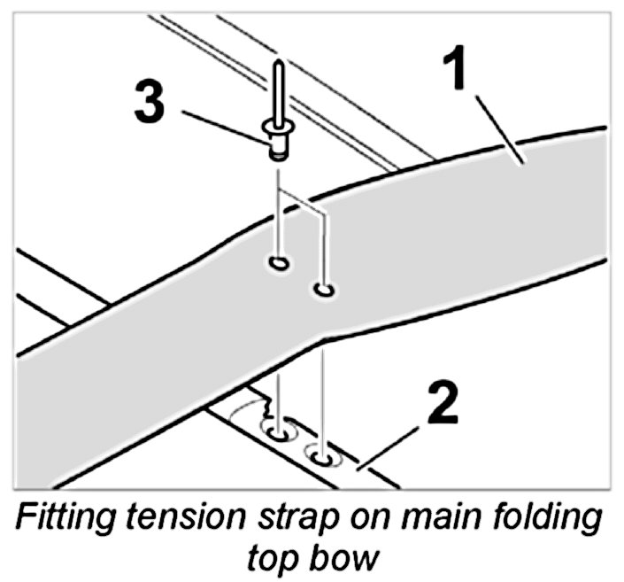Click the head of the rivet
277,141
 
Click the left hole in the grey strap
277,263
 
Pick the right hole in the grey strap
323,289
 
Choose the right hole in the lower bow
323,456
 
